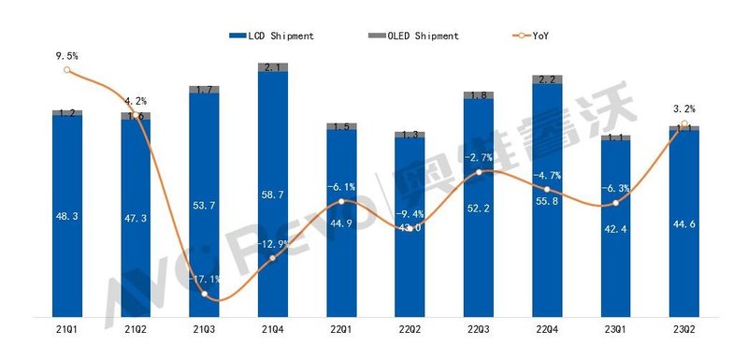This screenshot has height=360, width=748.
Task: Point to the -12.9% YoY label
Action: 272,244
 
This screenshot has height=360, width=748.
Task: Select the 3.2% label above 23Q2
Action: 684,108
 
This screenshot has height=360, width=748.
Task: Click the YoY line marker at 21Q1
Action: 66,70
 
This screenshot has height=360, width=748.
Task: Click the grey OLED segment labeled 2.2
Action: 547,79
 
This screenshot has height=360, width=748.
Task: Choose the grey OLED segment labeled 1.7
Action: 204,90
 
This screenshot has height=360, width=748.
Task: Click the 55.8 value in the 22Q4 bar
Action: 547,199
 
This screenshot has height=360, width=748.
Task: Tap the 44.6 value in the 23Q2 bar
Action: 684,222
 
